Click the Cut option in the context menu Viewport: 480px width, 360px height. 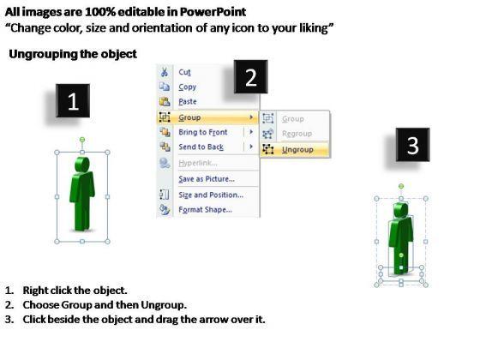[184, 72]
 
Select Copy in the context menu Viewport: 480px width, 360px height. [188, 87]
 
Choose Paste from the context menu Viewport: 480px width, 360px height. [188, 102]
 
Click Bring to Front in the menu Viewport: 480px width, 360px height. [203, 132]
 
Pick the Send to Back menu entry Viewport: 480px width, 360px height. [201, 147]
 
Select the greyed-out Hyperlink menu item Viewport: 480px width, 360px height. [198, 163]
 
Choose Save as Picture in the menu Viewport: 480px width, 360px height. [207, 179]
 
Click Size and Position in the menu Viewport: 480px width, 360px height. [211, 195]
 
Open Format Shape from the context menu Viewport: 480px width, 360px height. [205, 210]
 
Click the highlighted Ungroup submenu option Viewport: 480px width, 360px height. [297, 150]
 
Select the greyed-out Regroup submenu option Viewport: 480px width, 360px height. [297, 134]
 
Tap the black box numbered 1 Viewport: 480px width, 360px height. [73, 101]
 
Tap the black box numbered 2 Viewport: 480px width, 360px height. [250, 77]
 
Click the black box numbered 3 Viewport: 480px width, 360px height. [412, 145]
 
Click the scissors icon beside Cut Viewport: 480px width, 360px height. [165, 72]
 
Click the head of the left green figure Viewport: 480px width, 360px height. [82, 165]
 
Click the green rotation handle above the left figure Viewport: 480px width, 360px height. [82, 140]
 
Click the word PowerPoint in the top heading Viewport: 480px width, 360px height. [213, 12]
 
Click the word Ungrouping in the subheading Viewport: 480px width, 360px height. [43, 54]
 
